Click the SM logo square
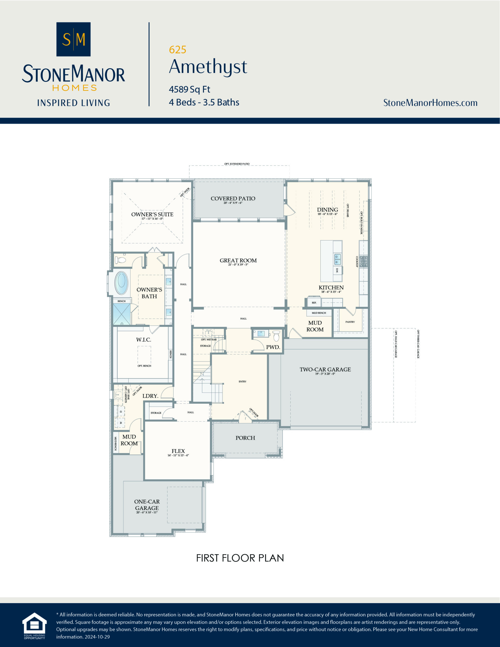tap(73, 39)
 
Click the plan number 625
tap(177, 50)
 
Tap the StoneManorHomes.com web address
tap(430, 103)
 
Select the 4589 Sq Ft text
tap(189, 89)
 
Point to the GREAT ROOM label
tap(238, 260)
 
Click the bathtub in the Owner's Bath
tap(121, 283)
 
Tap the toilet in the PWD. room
tap(276, 336)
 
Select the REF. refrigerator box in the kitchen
tap(314, 303)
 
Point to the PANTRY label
tap(350, 322)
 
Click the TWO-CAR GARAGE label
tap(325, 369)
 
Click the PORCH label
tap(245, 438)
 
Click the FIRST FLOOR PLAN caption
tap(240, 558)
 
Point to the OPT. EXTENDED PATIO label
tap(237, 164)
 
